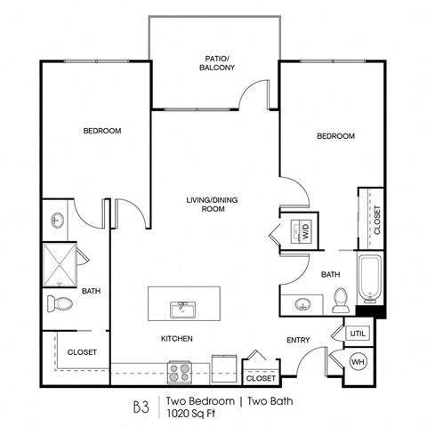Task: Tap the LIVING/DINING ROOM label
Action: pos(211,193)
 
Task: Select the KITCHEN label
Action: pos(177,339)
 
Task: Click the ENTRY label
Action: pos(297,339)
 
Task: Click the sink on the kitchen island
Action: pos(184,309)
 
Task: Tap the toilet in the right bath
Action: pos(340,302)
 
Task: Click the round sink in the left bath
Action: pos(56,219)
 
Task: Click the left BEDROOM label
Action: pos(101,131)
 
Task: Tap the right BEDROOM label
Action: pos(336,136)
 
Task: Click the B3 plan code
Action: pos(141,406)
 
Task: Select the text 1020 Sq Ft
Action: pos(190,413)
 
